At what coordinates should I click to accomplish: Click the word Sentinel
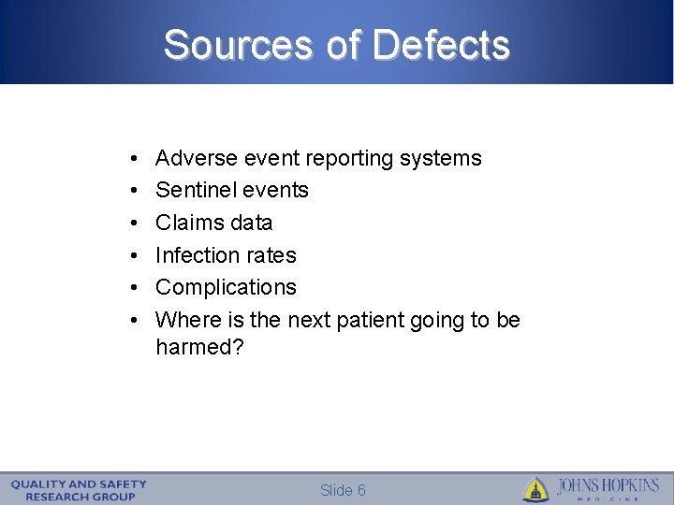click(x=197, y=190)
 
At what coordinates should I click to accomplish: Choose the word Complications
click(x=226, y=287)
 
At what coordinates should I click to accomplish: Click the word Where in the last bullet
click(x=186, y=320)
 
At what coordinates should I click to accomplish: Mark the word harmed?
click(x=199, y=347)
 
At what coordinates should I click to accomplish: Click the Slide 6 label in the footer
click(x=343, y=491)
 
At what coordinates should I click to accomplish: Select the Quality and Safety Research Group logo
click(x=79, y=490)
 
